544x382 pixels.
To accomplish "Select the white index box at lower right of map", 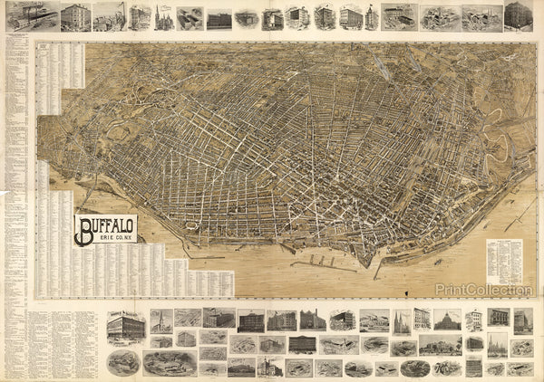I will point(504,262).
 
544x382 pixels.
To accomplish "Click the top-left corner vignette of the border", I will point(33,15).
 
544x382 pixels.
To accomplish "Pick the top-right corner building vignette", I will point(519,15).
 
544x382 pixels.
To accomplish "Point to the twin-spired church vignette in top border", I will point(164,17).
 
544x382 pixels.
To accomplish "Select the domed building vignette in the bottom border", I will point(448,320).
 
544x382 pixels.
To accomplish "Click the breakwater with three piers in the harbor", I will point(323,264).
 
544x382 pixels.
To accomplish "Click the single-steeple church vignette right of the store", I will point(161,320).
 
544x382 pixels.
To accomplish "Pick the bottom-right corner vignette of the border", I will point(520,368).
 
